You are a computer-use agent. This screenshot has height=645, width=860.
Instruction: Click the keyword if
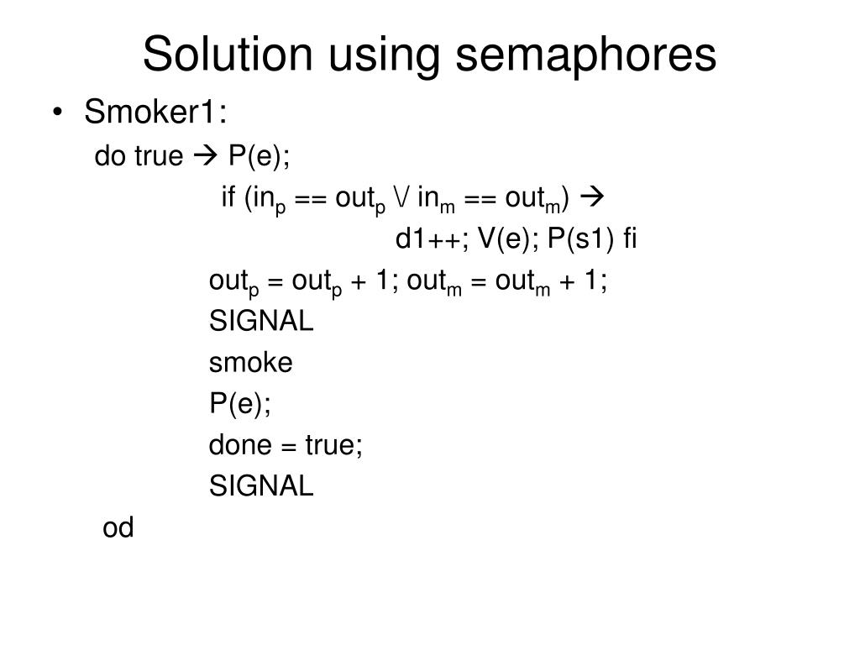(228, 197)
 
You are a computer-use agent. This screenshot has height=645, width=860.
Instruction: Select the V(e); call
(509, 239)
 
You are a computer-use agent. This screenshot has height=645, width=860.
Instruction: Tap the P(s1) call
(581, 239)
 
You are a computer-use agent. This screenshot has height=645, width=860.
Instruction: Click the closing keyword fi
(630, 239)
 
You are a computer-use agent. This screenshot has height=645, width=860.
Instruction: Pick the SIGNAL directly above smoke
(261, 321)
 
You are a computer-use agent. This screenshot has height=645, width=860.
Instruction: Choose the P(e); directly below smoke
(240, 403)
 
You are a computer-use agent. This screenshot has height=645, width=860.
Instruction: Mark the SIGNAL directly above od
(261, 485)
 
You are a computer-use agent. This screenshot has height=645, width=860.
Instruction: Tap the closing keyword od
(118, 527)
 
